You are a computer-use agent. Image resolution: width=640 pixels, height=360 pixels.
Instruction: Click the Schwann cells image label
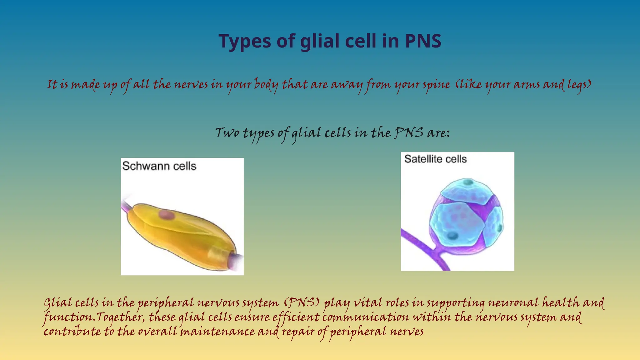(159, 166)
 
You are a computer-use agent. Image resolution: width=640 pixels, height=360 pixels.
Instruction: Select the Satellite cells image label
(435, 159)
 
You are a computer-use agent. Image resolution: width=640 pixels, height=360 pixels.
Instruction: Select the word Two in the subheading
(227, 133)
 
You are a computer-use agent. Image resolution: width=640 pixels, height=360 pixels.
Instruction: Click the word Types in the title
(244, 41)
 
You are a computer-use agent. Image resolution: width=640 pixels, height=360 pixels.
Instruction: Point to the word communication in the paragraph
(365, 317)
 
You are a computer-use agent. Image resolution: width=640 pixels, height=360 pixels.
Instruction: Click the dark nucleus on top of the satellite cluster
(468, 182)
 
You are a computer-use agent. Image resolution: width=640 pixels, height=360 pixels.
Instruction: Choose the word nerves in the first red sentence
(191, 85)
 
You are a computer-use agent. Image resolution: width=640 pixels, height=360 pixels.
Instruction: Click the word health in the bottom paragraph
(561, 303)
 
